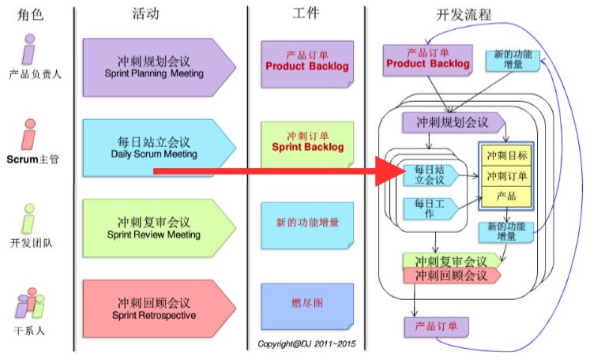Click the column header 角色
[31, 13]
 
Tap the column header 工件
[306, 13]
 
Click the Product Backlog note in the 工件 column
[306, 63]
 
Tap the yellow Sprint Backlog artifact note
[307, 144]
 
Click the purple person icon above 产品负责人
[29, 49]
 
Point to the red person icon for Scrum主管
[29, 134]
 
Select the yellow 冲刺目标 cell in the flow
[507, 156]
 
